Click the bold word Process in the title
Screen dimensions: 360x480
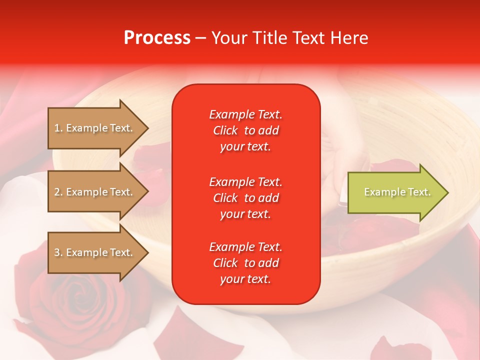[x=157, y=38]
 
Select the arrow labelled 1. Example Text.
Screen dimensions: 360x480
[x=95, y=128]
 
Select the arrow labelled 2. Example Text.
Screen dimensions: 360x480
[x=95, y=192]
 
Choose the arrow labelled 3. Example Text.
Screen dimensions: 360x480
[x=95, y=252]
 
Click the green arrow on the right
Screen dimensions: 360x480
[x=395, y=192]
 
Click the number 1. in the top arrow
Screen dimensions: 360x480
[x=58, y=128]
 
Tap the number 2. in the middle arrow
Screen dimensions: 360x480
[x=58, y=192]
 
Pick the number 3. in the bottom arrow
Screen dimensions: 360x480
[x=58, y=252]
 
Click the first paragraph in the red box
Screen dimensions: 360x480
[x=245, y=130]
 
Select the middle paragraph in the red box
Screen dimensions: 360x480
[x=245, y=198]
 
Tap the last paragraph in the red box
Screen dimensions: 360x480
[x=245, y=263]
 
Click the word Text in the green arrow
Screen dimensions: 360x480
[x=419, y=192]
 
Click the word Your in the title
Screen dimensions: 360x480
[x=229, y=38]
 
